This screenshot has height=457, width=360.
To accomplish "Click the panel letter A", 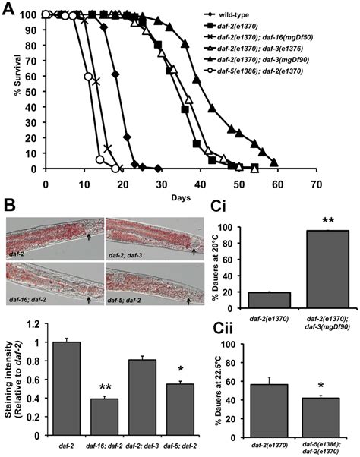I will point(8,8).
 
